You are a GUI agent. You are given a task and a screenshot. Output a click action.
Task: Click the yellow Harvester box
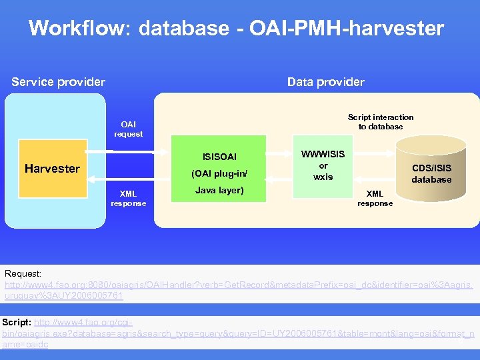coord(53,169)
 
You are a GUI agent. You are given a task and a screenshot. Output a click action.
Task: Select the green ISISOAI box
coord(219,169)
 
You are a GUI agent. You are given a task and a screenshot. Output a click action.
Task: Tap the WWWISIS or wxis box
coord(323,166)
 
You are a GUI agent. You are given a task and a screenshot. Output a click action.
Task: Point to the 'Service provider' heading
coord(59,82)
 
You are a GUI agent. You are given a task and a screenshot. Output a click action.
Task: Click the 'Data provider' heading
coord(325,82)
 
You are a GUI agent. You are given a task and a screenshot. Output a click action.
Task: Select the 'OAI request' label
coord(128,129)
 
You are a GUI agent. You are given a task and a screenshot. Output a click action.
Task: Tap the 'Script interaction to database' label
coord(381,121)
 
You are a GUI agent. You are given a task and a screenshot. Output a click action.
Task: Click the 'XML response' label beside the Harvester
coord(128,198)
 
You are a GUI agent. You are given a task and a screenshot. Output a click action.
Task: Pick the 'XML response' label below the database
coord(375,199)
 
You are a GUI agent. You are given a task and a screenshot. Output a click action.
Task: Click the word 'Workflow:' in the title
coord(60,28)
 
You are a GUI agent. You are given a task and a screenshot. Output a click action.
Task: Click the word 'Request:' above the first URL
coord(23,274)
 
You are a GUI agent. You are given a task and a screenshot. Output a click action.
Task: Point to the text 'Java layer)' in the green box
coord(219,191)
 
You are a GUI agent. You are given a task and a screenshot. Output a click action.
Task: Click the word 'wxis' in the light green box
coord(323,177)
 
